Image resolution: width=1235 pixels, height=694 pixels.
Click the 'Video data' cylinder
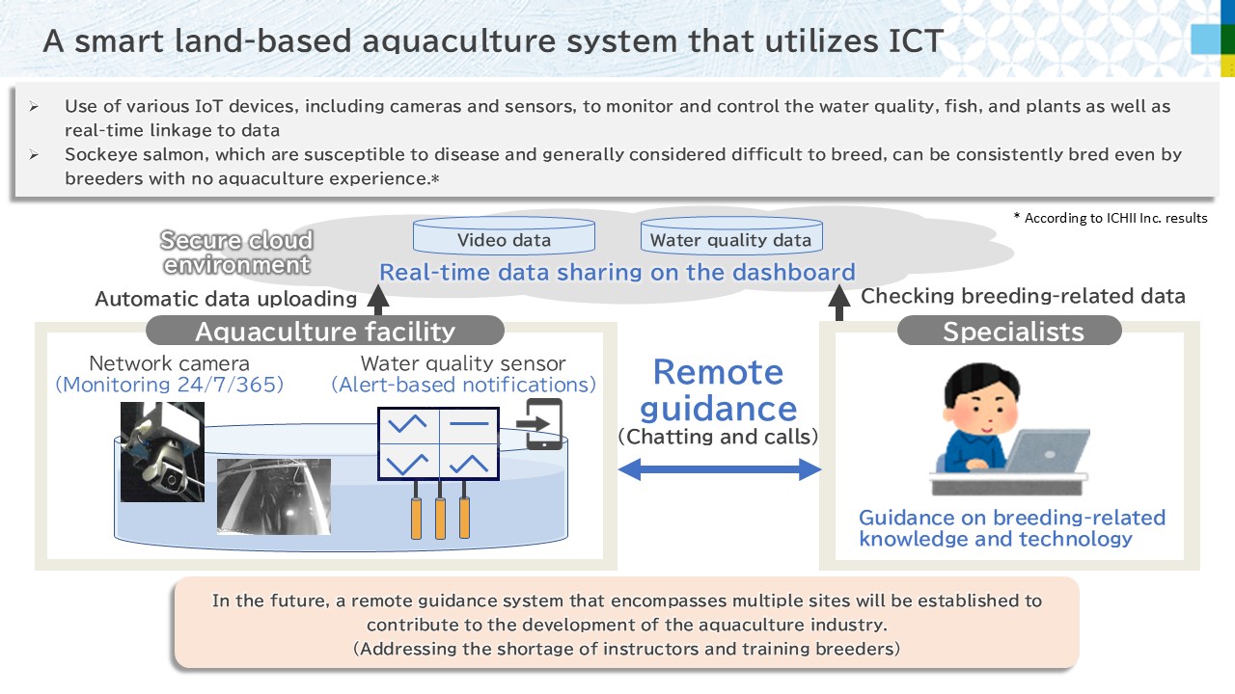point(504,238)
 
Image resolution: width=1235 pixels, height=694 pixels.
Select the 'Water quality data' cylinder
point(730,238)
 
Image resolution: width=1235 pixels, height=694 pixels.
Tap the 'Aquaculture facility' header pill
point(325,332)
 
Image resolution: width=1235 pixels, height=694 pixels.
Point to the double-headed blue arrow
point(719,469)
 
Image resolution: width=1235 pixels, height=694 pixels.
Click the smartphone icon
point(543,423)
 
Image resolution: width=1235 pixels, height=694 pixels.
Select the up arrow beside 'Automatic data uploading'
point(378,300)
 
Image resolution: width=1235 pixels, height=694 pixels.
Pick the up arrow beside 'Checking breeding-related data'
point(838,300)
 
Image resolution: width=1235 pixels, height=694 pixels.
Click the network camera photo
point(162,451)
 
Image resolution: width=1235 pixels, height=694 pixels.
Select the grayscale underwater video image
point(273,496)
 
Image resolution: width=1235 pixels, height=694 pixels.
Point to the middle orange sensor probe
point(441,518)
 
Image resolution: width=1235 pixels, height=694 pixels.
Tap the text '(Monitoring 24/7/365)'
point(169,385)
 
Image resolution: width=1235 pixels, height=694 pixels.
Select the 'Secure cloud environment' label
point(236,252)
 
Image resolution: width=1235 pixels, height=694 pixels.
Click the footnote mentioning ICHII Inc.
point(1111,218)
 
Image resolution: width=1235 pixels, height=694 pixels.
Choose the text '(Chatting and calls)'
point(719,436)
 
